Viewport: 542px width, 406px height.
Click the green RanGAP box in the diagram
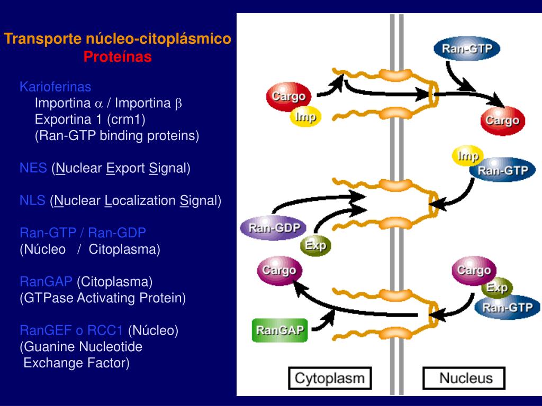coord(279,330)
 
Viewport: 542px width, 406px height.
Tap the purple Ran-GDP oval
coord(274,228)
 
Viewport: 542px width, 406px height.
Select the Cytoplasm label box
coord(330,379)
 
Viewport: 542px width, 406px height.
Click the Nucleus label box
coord(464,379)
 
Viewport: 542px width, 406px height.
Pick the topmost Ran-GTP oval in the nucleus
coord(467,49)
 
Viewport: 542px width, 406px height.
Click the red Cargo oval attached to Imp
coord(288,96)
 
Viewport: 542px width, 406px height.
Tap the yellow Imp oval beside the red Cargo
coord(305,117)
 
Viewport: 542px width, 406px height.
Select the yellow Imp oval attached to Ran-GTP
coord(468,156)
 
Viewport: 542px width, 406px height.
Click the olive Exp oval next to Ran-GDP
coord(315,245)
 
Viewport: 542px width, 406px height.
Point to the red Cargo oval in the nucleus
coord(503,121)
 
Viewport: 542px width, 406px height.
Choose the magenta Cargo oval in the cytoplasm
coord(279,270)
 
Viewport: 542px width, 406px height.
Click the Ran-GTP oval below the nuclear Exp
coord(508,307)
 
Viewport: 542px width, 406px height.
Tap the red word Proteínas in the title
coord(118,56)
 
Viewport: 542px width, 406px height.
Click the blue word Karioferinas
coord(55,87)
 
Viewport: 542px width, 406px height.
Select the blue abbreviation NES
coord(33,168)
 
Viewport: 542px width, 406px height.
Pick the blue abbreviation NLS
coord(32,200)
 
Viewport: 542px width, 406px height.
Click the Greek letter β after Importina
coord(178,104)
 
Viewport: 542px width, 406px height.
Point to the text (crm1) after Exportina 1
coord(126,119)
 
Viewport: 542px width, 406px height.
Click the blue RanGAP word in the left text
coord(46,282)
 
